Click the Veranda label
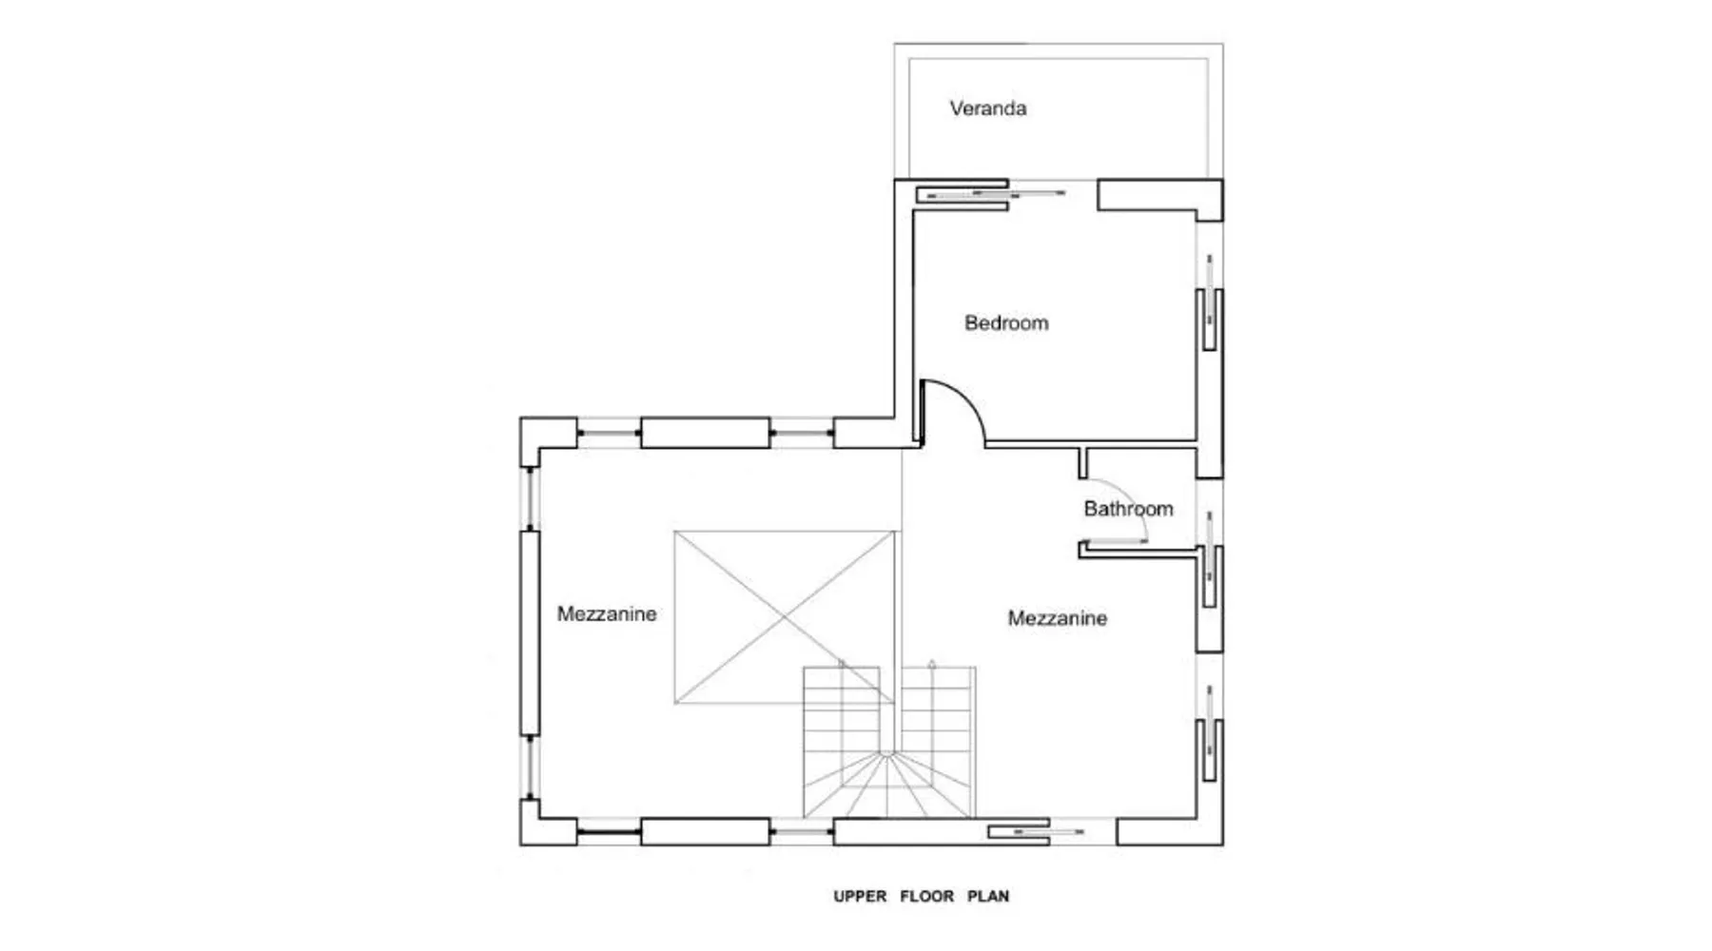[x=988, y=108]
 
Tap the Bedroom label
[x=1006, y=323]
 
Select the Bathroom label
[x=1129, y=509]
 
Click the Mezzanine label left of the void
[x=607, y=614]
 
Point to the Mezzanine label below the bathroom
[x=1058, y=619]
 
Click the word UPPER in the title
[x=860, y=896]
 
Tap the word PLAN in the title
[x=988, y=896]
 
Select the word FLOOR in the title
[x=927, y=896]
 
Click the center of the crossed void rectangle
[x=785, y=617]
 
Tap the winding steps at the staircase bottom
[x=887, y=786]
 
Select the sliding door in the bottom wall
[x=1036, y=832]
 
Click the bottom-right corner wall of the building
[x=1170, y=832]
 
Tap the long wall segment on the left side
[x=530, y=633]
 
